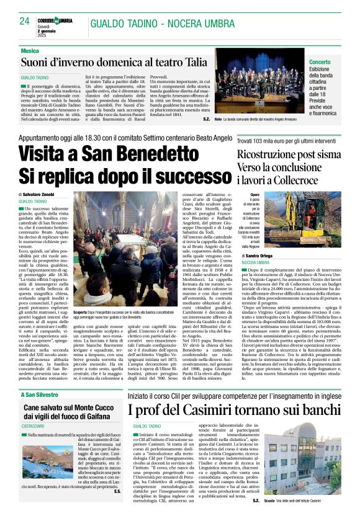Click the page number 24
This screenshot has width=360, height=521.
click(x=25, y=21)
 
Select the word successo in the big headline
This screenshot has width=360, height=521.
click(x=186, y=179)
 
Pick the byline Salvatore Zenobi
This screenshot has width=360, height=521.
click(x=42, y=195)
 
